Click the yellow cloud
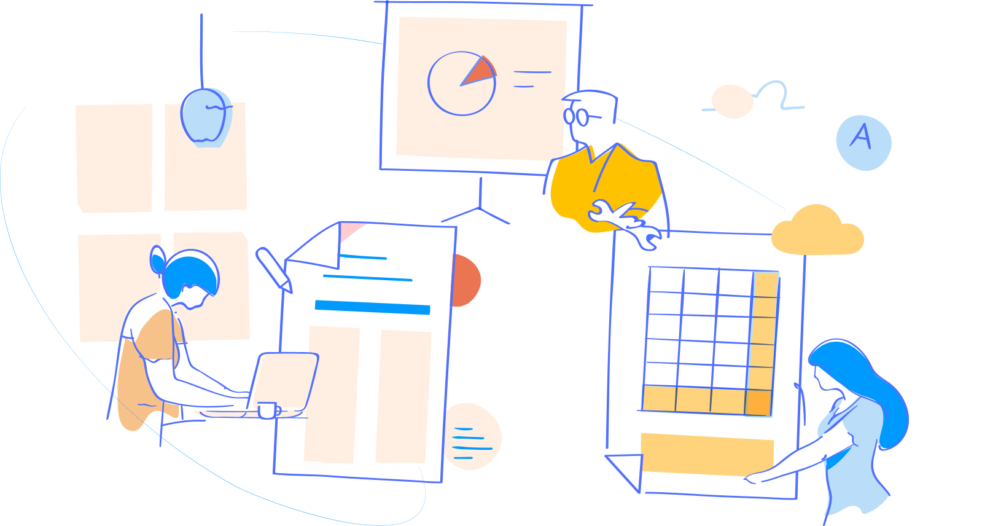tap(817, 232)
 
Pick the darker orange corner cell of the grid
tap(758, 402)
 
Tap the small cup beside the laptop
tap(267, 410)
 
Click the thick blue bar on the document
tap(372, 307)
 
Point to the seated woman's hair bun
tap(157, 259)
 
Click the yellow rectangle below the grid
tap(706, 453)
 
